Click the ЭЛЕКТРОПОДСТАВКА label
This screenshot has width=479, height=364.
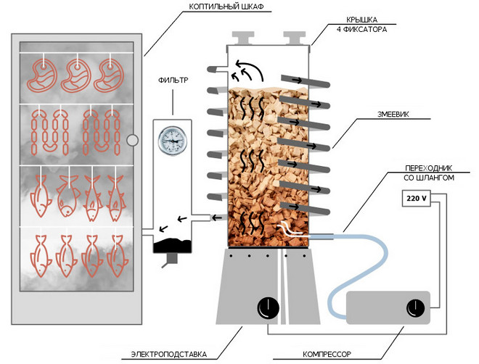tap(168, 355)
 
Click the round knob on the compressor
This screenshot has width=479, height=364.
tap(417, 307)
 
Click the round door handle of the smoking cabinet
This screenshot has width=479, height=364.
tap(132, 140)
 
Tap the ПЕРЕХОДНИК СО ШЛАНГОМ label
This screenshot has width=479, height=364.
tap(431, 173)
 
